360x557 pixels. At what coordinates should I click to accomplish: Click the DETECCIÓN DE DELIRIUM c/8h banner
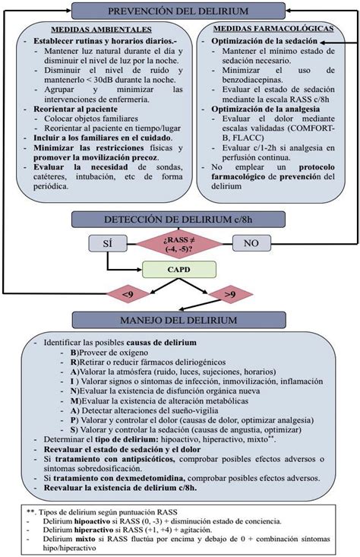pos(179,219)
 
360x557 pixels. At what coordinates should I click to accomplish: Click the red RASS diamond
pos(179,244)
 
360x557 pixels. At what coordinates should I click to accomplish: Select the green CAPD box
pos(179,268)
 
